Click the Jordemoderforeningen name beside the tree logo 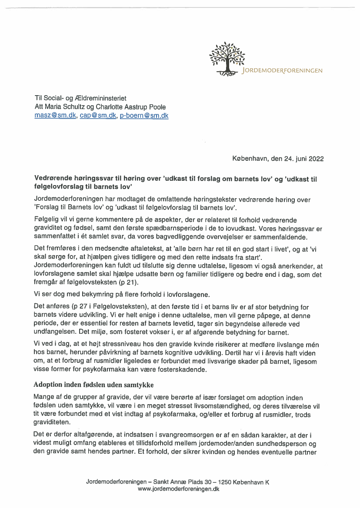click(x=283, y=70)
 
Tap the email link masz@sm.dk click(x=55, y=116)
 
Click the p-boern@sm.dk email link click(x=144, y=116)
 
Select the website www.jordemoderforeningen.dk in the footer click(x=178, y=489)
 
